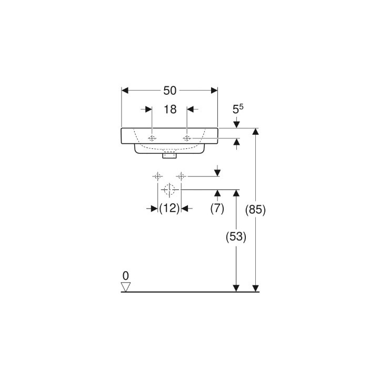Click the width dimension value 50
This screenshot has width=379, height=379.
tap(169, 90)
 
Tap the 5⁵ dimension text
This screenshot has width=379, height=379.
tap(237, 109)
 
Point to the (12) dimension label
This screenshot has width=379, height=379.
tap(169, 208)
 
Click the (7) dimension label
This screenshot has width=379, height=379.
tap(217, 208)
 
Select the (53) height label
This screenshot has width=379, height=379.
tap(236, 237)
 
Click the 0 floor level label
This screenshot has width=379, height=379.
tap(125, 275)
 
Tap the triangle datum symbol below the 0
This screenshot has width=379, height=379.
tap(125, 286)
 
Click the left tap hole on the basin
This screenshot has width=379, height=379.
tap(152, 138)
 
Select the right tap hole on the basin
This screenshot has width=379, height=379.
tap(187, 138)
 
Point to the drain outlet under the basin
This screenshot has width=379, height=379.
tap(169, 155)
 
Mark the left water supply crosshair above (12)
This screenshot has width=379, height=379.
tap(157, 176)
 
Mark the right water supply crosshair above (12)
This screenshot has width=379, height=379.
tap(181, 176)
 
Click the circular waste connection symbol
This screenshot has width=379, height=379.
tap(169, 189)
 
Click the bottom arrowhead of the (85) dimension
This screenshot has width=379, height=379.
tap(256, 288)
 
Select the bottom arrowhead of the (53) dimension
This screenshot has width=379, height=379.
tap(236, 288)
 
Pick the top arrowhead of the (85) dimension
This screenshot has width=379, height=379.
tap(256, 132)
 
